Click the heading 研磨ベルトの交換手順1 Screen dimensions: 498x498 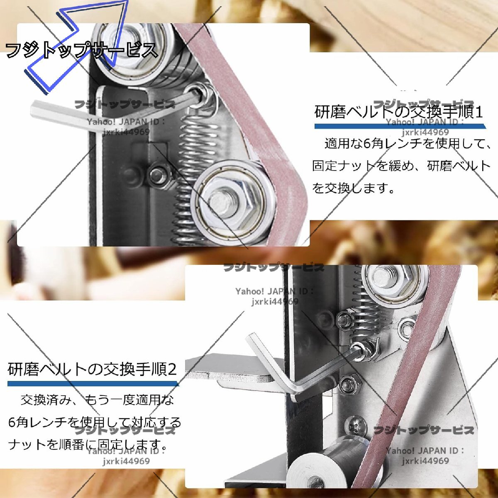[x=398, y=112]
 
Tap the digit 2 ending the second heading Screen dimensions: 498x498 [x=172, y=369]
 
